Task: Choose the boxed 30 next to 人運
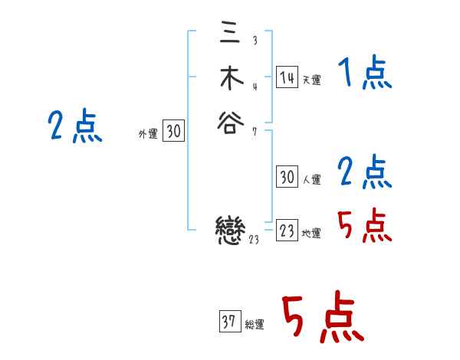tap(287, 177)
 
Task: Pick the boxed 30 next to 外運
tap(173, 132)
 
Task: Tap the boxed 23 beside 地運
tap(287, 231)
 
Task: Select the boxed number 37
tap(229, 322)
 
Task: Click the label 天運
tap(311, 80)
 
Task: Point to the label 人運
tap(311, 180)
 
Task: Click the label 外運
tap(148, 134)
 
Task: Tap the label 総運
tap(255, 325)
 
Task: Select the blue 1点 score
tap(364, 74)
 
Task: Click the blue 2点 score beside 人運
tap(364, 172)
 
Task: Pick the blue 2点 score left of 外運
tap(75, 126)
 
